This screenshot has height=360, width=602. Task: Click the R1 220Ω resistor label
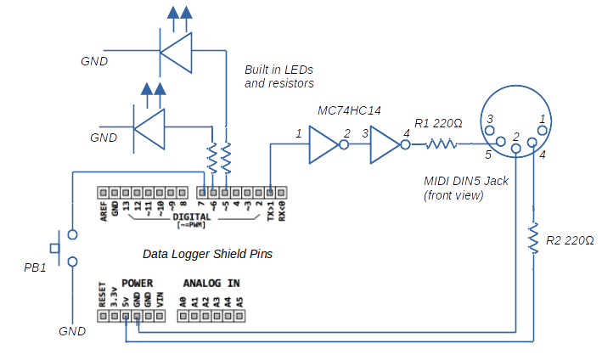pyautogui.click(x=438, y=123)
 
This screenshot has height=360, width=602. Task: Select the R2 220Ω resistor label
pyautogui.click(x=570, y=239)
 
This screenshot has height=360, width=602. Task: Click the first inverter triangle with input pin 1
pyautogui.click(x=324, y=145)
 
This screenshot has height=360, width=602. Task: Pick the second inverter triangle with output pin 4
pyautogui.click(x=384, y=145)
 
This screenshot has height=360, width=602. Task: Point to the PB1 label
pyautogui.click(x=36, y=268)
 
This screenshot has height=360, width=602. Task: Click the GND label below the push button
pyautogui.click(x=72, y=330)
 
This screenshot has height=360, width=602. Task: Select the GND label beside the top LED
pyautogui.click(x=94, y=62)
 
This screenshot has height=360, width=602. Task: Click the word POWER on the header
pyautogui.click(x=137, y=283)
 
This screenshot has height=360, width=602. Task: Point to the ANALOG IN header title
pyautogui.click(x=211, y=283)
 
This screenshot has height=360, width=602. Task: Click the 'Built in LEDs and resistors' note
pyautogui.click(x=279, y=76)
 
